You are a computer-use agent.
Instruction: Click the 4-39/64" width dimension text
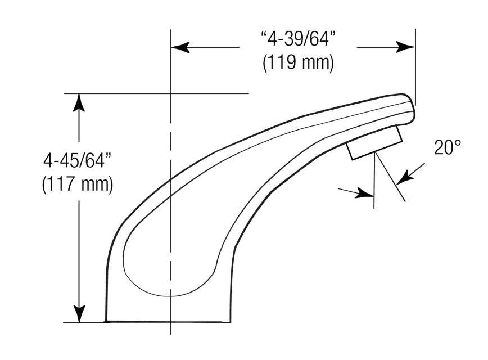click(x=298, y=39)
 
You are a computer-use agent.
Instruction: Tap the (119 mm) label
click(x=298, y=62)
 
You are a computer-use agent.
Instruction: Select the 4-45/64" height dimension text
click(x=78, y=160)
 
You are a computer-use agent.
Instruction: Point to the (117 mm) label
click(x=78, y=184)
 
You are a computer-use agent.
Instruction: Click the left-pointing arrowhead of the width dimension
click(x=180, y=47)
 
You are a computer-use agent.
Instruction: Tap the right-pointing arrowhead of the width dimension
click(x=405, y=47)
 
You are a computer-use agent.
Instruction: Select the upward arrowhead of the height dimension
click(x=79, y=102)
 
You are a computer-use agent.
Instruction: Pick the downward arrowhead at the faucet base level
click(x=79, y=313)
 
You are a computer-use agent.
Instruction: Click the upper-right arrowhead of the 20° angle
click(x=405, y=178)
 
